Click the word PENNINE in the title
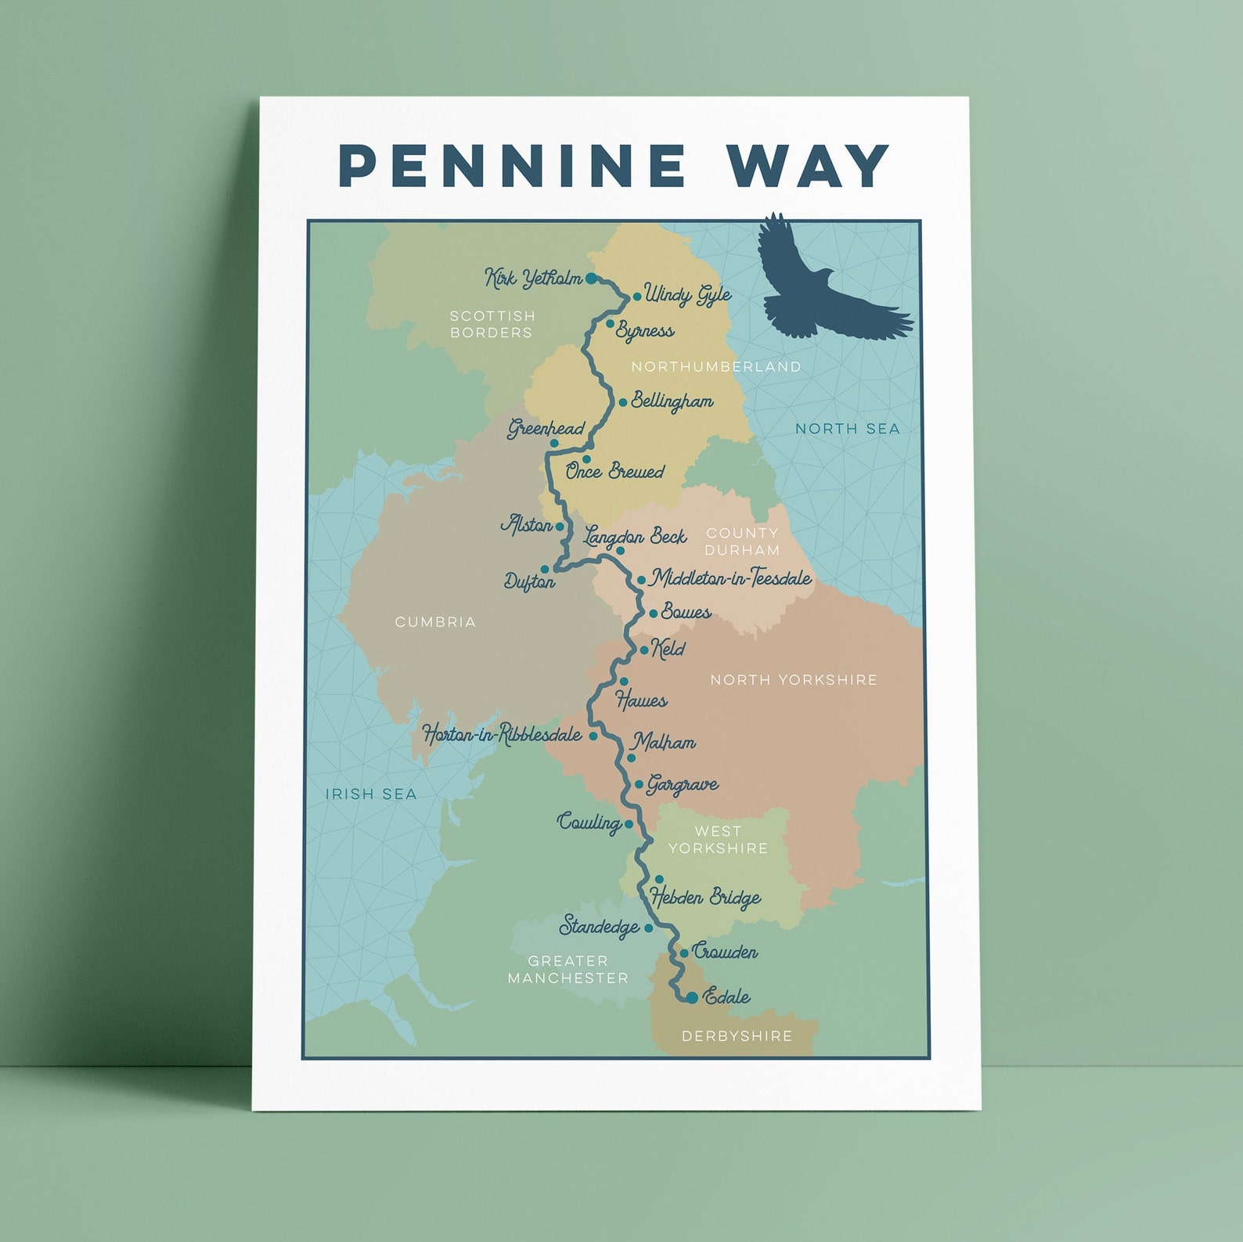[512, 165]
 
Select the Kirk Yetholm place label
[534, 278]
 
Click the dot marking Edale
[692, 997]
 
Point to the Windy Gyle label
[688, 295]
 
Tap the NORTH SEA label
[848, 428]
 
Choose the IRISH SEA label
[371, 794]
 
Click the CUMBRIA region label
[435, 622]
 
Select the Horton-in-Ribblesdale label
[502, 734]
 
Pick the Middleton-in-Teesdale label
[732, 578]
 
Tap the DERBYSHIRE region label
[737, 1036]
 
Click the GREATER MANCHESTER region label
[567, 970]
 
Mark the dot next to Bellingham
[623, 402]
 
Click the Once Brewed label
[615, 471]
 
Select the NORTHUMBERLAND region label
[716, 366]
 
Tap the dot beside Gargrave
[639, 784]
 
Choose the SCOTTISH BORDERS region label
[492, 324]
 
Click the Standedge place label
[600, 927]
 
